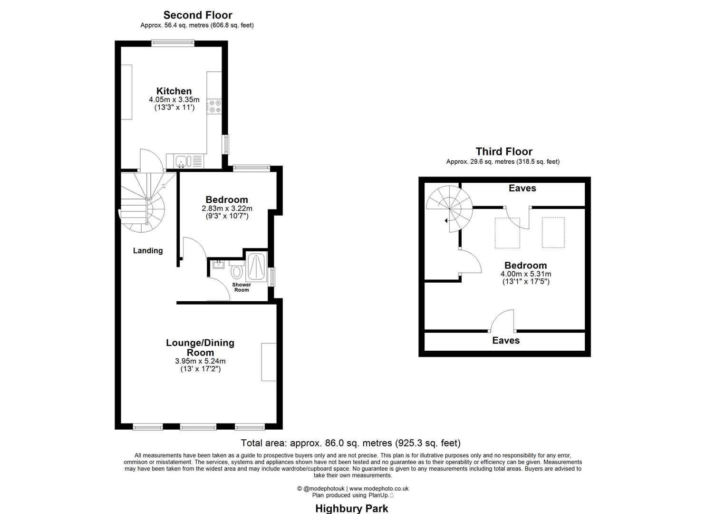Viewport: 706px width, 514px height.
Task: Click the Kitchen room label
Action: point(174,91)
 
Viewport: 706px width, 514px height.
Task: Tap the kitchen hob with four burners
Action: point(214,106)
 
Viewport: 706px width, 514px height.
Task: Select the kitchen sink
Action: point(182,161)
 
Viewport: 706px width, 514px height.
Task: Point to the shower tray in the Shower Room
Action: point(256,267)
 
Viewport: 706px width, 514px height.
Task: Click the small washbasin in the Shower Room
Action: point(219,264)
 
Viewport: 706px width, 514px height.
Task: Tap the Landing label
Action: point(147,250)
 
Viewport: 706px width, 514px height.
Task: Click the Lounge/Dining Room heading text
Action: point(200,347)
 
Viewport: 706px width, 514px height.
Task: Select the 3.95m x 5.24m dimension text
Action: point(200,361)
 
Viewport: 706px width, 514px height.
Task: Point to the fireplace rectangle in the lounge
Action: point(269,362)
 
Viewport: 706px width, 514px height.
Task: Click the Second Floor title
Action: point(198,15)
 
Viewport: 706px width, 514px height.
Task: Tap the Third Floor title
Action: point(503,151)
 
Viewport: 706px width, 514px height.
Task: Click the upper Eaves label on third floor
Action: point(522,188)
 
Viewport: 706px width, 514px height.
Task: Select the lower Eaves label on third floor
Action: point(506,340)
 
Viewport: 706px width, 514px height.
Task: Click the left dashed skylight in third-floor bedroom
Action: point(507,233)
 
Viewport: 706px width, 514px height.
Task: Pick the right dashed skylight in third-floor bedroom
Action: point(553,232)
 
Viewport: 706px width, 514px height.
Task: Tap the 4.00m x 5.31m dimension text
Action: point(525,274)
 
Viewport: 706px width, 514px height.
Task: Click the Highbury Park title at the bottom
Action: point(351,508)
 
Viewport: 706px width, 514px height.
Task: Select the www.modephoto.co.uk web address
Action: point(379,488)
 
